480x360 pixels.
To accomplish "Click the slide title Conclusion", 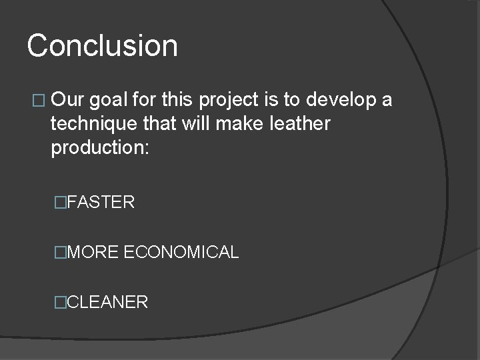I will pos(103,46).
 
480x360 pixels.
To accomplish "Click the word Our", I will pos(68,101).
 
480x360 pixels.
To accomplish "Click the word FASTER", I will pos(101,202).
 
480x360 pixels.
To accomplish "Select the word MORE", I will pos(93,252).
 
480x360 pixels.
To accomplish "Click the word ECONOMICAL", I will pos(181,252).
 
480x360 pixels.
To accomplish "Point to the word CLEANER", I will pos(107,302).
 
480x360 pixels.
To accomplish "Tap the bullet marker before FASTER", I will pos(62,202).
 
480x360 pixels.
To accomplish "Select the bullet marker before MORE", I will pos(62,252).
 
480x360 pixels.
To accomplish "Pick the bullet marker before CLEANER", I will pos(62,302).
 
